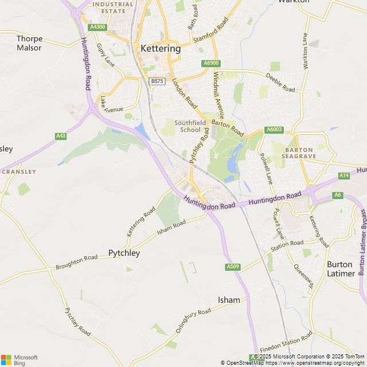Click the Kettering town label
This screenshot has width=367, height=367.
[x=161, y=49]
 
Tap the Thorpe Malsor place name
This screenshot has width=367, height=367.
[x=29, y=43]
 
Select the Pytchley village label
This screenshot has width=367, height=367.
[x=124, y=253]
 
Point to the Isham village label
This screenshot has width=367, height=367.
[x=229, y=300]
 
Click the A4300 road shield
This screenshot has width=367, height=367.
[x=97, y=27]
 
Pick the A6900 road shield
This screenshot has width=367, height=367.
[x=210, y=63]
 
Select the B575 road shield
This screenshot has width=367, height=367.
[x=157, y=81]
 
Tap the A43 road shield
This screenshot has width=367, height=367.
[x=61, y=136]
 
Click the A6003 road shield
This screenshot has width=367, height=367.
[x=275, y=130]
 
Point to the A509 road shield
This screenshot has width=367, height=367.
[x=232, y=267]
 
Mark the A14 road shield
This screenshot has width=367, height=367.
[x=343, y=175]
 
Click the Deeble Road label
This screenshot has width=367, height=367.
[x=280, y=85]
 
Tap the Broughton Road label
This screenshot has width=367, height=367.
[x=76, y=263]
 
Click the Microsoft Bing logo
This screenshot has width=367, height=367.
[x=19, y=360]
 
